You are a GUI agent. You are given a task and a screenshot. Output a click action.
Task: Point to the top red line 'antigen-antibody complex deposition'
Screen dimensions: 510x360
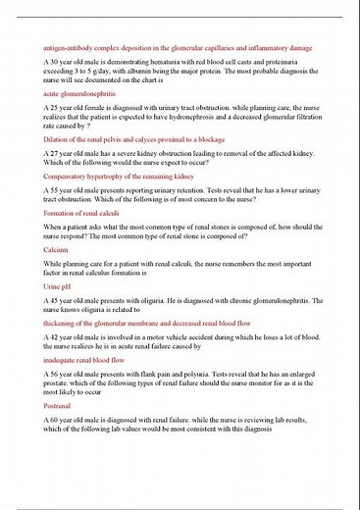pyautogui.click(x=178, y=47)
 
